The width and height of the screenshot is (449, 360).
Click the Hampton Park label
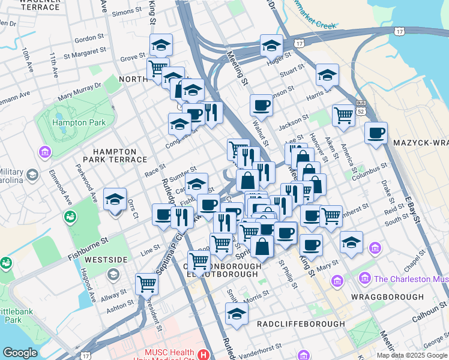tap(79, 122)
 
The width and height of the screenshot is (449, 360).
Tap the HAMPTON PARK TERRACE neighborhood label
tap(119, 155)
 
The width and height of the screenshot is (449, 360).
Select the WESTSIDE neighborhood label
tap(106, 260)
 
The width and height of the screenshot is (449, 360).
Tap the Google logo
tap(20, 353)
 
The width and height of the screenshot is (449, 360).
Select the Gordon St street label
tap(89, 39)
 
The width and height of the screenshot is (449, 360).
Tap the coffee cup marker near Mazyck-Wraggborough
tap(376, 133)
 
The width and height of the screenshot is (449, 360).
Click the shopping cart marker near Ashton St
tap(146, 283)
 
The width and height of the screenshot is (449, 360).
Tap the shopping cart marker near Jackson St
tap(343, 115)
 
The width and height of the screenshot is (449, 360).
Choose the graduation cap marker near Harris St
tap(327, 75)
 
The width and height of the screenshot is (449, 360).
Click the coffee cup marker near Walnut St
tap(261, 106)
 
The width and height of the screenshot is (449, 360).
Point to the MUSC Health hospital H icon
tap(205, 355)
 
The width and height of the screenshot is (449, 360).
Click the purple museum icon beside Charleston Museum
tap(364, 278)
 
